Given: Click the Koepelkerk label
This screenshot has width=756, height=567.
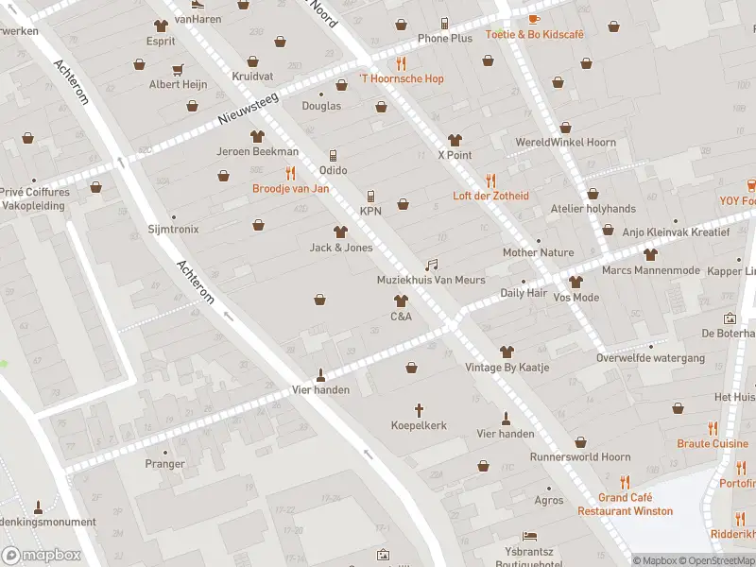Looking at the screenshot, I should pos(419,426).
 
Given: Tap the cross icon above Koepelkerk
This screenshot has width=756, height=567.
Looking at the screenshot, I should pos(420,410).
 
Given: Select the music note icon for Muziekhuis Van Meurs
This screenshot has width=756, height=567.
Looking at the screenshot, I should pos(432,265).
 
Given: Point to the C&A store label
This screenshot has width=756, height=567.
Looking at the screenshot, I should pos(402,317).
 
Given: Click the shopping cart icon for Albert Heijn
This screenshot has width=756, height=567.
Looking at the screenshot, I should pos(177,69).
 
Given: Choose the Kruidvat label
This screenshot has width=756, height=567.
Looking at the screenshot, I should pos(252,76).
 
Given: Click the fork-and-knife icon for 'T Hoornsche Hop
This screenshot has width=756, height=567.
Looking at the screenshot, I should pos(402,63).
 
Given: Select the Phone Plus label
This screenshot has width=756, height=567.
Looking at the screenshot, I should pos(445,39).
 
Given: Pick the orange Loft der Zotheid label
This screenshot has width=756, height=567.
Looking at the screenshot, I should pos(490,196).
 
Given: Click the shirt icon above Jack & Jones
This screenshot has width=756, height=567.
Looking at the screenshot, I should pos(341,232).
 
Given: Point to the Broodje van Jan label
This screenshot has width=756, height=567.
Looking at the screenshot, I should pos(290,188).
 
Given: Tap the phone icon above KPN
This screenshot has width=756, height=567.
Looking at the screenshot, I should pos(370,196).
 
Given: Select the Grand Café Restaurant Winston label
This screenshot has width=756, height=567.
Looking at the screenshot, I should pos(626,505).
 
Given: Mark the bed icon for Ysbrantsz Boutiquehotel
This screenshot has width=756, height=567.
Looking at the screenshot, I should pos(529,537).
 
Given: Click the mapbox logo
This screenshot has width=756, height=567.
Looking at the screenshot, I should pos(41,555).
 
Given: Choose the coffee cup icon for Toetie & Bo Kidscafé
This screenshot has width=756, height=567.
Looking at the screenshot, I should pos(534,18).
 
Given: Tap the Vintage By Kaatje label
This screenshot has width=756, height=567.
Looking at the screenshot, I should pos(507,368).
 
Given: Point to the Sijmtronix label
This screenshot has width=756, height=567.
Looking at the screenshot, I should pos(174,230).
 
